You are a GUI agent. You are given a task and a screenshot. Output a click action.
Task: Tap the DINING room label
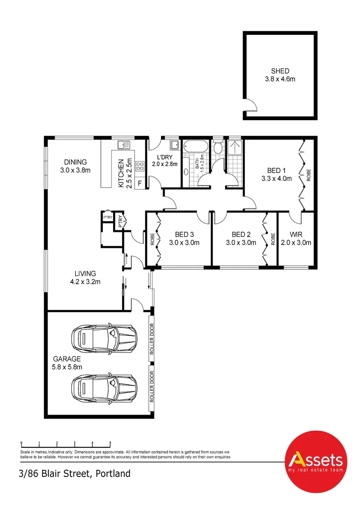click(x=75, y=162)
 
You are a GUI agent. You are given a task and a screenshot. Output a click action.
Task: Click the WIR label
click(x=295, y=235)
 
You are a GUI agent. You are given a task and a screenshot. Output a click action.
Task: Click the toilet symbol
click(x=217, y=148)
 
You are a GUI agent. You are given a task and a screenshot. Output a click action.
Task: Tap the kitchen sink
click(x=123, y=144)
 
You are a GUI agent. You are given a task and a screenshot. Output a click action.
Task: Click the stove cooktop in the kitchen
click(x=140, y=165)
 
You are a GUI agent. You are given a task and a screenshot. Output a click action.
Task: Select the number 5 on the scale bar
click(x=110, y=443)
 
